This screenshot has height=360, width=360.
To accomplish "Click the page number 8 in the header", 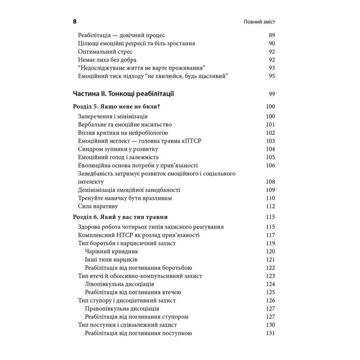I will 75,21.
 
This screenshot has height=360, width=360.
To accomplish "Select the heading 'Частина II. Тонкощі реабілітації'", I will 123,94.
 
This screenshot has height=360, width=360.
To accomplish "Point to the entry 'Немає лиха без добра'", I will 107,60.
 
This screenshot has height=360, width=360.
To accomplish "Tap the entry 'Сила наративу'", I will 98,207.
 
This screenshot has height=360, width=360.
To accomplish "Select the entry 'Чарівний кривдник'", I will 112,251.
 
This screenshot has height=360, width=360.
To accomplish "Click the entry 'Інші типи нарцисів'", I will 111,260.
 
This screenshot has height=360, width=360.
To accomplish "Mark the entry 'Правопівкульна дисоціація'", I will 122,309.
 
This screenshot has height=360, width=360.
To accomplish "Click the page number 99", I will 272,94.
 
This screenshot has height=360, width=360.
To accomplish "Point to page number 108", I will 270,182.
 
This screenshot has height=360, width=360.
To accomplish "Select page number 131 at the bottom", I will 270,333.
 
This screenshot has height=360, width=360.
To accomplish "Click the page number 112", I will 270,207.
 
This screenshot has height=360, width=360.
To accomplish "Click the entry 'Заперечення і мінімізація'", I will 113,117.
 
